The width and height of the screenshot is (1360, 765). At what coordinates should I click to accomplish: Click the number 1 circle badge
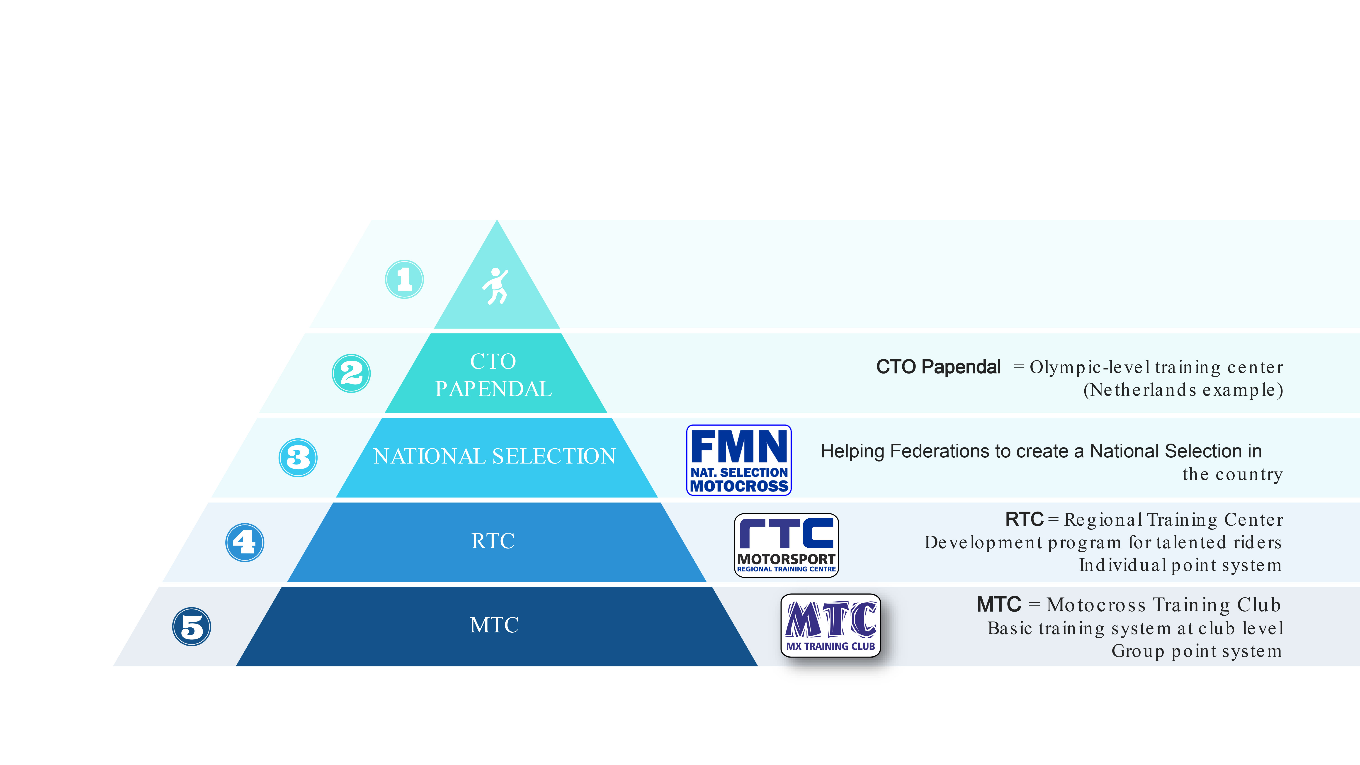point(404,279)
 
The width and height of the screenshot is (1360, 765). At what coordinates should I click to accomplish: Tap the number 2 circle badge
point(351,373)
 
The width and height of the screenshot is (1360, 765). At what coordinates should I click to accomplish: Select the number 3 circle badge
point(298,458)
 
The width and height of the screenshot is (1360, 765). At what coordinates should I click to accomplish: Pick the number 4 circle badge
point(244,542)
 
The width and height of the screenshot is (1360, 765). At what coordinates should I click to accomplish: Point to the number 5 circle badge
point(192,627)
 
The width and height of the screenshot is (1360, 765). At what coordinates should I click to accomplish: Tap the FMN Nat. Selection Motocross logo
point(739,460)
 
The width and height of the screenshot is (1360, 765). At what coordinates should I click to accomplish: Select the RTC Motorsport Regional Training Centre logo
point(786,545)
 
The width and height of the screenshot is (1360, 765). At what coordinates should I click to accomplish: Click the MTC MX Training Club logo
point(831,626)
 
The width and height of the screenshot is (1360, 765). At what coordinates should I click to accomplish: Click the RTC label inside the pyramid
point(493,541)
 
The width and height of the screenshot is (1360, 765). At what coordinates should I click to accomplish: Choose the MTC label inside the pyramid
point(494,625)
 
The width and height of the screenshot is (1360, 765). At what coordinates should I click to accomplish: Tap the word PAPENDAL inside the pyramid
point(493,389)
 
